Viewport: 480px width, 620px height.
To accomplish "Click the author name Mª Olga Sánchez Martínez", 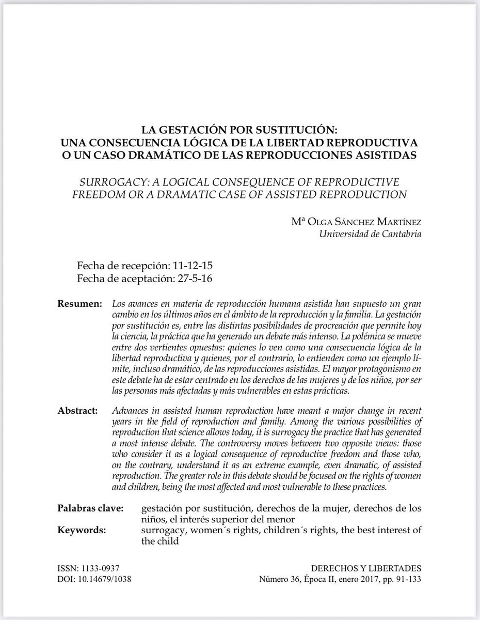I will [356, 223].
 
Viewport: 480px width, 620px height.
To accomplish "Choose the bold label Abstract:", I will [78, 411].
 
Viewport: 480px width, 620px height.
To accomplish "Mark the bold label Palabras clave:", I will [90, 509].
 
